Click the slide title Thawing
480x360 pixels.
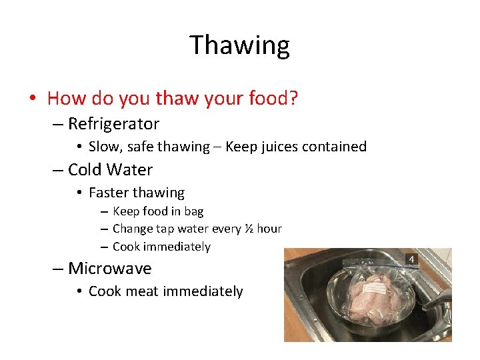[x=239, y=45]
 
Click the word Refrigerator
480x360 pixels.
[x=113, y=124]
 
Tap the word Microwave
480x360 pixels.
[x=109, y=269]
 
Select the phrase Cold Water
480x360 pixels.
[x=110, y=170]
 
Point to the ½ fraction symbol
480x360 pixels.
[x=248, y=229]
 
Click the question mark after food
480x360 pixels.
[x=293, y=99]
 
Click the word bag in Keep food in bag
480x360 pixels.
[x=194, y=211]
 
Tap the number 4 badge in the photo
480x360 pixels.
[x=411, y=259]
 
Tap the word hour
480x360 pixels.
[x=269, y=229]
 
